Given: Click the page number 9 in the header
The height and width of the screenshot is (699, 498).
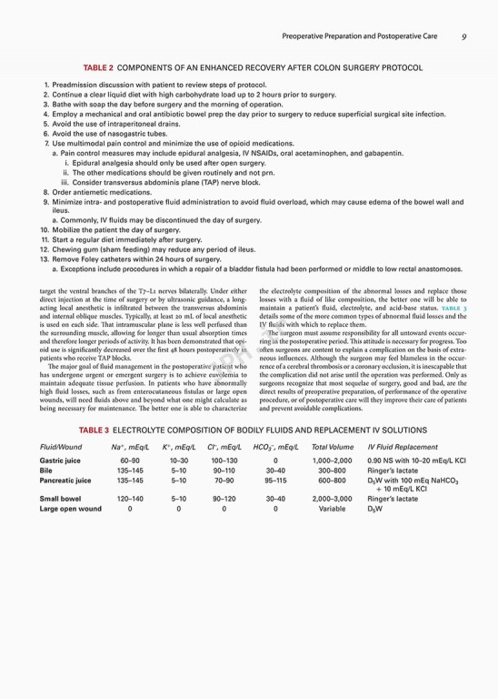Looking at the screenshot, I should pyautogui.click(x=463, y=37).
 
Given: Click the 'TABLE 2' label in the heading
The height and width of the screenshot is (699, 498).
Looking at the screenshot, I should pyautogui.click(x=98, y=67).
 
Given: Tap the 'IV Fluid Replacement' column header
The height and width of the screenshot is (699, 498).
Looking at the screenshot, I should pyautogui.click(x=403, y=448).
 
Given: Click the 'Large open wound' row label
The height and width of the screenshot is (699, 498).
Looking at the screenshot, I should pyautogui.click(x=69, y=509).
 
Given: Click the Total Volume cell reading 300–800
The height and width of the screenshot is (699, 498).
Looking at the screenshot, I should pyautogui.click(x=333, y=471).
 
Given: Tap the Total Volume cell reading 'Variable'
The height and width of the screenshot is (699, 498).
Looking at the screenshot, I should pyautogui.click(x=333, y=509).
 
